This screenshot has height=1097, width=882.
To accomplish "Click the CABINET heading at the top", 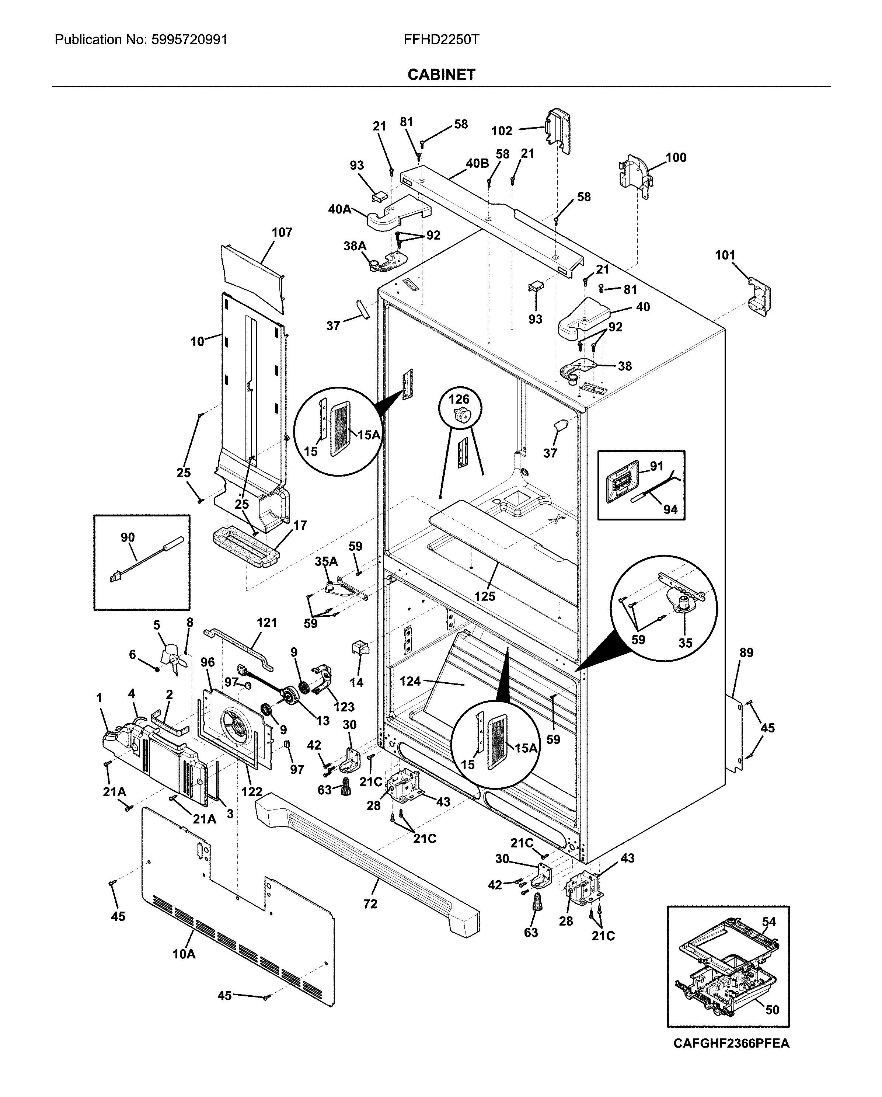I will [441, 75].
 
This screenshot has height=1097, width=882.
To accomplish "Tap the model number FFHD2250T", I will [441, 40].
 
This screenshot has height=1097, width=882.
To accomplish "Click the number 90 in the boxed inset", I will [128, 538].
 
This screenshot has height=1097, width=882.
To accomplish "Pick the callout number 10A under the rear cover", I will [184, 954].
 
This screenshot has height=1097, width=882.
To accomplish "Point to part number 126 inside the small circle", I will [459, 400].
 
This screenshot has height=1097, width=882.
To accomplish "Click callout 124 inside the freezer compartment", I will [410, 681].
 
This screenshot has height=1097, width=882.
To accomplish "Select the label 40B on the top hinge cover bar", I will [477, 163].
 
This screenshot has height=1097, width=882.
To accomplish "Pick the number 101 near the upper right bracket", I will [725, 255].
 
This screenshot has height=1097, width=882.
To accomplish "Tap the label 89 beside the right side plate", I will [746, 652].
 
